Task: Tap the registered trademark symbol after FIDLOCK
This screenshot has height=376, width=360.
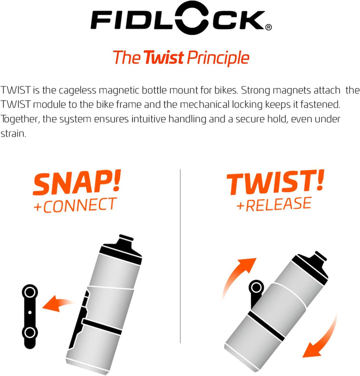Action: (x=268, y=28)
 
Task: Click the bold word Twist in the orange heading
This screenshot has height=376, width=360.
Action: (x=163, y=57)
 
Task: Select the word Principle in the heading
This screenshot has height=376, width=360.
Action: (x=218, y=58)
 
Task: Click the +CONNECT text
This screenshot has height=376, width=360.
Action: (x=75, y=204)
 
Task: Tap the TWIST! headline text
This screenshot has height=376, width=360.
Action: (x=274, y=183)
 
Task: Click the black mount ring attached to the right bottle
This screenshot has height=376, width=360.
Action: (x=256, y=287)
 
